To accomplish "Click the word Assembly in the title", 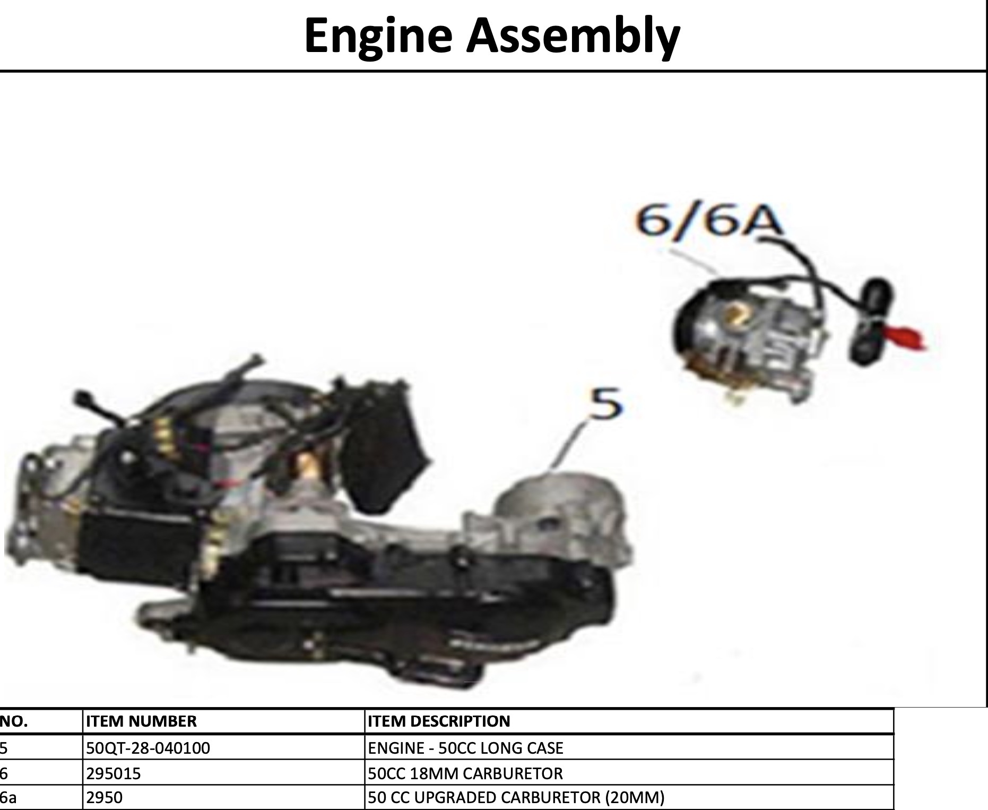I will pos(573,36).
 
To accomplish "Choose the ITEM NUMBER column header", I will pos(141,721).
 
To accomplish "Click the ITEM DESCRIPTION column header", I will pos(439,721).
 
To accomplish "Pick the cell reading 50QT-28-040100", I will pos(148,748).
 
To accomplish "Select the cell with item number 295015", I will pos(114,773).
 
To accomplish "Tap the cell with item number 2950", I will pos(104,798).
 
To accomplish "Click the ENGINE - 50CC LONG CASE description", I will pos(465,748).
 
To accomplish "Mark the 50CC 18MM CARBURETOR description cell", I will pos(465,773).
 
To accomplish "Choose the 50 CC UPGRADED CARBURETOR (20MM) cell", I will pos(516,798).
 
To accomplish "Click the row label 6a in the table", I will pos(8,798).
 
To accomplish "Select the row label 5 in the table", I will pos(4,748).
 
